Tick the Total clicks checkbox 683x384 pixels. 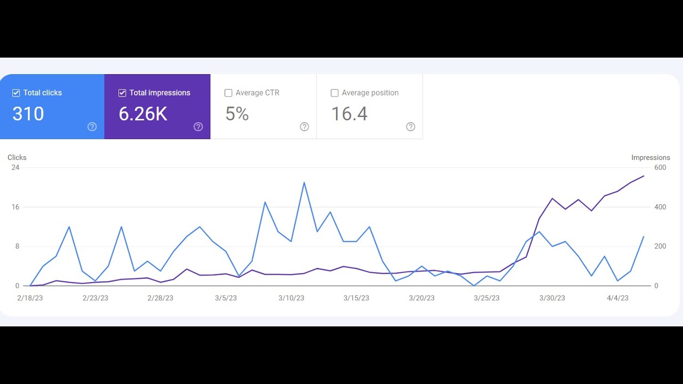pos(16,93)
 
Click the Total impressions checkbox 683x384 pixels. pos(122,93)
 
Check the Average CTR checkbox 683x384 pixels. pos(228,93)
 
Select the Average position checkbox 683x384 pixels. pos(335,93)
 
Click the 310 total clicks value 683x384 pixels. pos(28,114)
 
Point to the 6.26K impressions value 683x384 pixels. pos(143,114)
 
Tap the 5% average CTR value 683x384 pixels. pos(237,114)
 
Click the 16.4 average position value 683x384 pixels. pos(349,114)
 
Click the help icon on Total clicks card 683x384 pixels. pos(92,126)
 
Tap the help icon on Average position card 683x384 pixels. pos(410,126)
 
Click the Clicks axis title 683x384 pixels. pos(17,157)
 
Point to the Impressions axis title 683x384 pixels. pos(650,157)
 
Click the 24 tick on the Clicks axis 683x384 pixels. pos(15,167)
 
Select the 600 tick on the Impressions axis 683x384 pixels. pos(660,167)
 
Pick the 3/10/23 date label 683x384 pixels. pos(291,298)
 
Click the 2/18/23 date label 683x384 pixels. pos(30,298)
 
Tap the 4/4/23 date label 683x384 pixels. pos(618,298)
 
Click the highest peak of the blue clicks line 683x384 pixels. pos(304,182)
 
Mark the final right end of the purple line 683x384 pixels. pos(644,176)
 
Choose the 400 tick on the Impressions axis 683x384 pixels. pos(660,207)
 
